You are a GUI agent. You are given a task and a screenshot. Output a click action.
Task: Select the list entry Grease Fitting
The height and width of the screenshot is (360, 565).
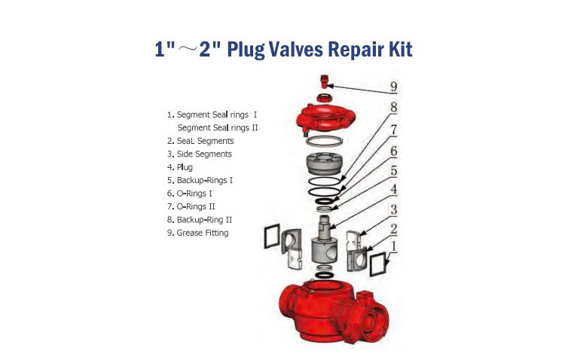click(x=202, y=233)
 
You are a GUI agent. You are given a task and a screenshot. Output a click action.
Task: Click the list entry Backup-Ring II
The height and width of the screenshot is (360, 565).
click(x=204, y=219)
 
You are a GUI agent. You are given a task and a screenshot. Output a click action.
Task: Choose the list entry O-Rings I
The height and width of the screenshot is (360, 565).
click(x=194, y=193)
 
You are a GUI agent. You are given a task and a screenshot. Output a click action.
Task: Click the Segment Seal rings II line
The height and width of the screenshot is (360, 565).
click(x=217, y=127)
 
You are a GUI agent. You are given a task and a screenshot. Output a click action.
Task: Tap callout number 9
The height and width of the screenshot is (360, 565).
click(x=393, y=85)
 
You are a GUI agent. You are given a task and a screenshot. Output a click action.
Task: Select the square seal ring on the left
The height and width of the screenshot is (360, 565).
click(x=270, y=237)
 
